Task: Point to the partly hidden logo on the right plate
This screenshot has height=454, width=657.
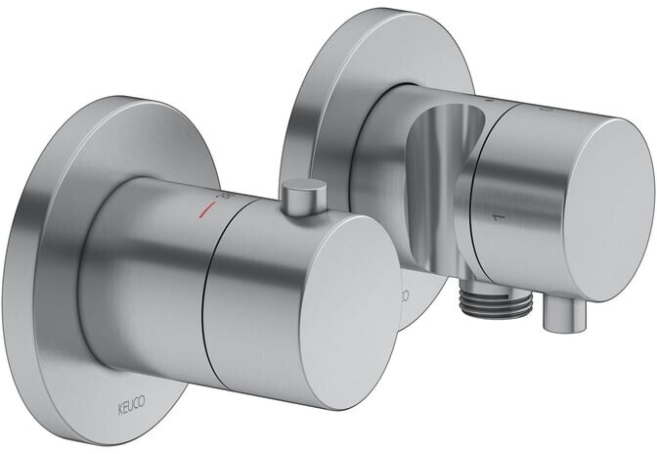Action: point(404,293)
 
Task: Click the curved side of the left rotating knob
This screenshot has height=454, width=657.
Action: point(244,294)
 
